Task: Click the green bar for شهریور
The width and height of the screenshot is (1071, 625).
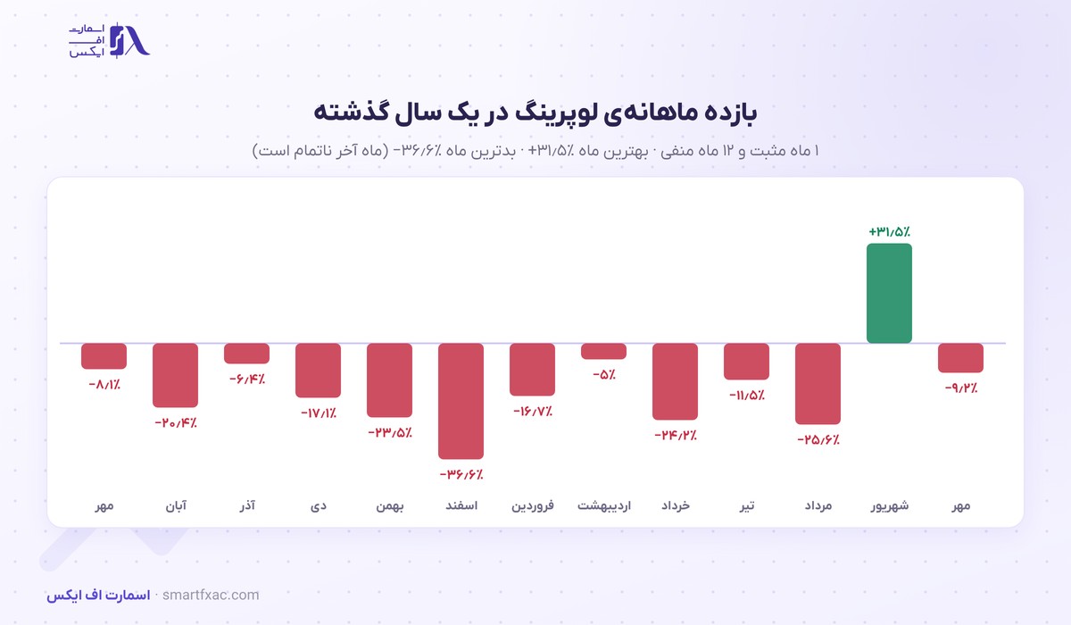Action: [889, 293]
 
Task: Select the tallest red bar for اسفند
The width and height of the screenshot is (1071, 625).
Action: [461, 401]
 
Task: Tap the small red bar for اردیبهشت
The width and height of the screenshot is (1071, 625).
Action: [603, 351]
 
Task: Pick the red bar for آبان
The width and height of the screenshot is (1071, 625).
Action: [175, 375]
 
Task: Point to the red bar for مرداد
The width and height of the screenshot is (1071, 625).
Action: [818, 384]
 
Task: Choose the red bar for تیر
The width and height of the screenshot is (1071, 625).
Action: [746, 362]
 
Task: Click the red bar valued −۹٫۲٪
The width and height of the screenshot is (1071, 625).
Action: [960, 358]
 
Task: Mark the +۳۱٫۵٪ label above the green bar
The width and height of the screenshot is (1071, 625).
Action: [889, 232]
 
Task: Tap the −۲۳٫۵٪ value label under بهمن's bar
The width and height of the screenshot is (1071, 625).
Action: [390, 433]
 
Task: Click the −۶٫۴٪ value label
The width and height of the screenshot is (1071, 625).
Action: [246, 379]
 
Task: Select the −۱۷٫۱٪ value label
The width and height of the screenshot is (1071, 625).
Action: [319, 412]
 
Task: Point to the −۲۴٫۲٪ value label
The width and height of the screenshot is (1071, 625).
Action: [675, 435]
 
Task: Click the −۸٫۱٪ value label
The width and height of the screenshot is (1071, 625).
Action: [104, 385]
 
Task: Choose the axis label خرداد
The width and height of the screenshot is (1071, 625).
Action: [675, 505]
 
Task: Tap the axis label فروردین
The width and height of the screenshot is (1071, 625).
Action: [533, 506]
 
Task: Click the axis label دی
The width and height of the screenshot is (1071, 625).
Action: [319, 506]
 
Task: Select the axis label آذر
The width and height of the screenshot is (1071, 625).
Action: [246, 505]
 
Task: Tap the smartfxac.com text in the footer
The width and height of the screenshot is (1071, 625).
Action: [211, 595]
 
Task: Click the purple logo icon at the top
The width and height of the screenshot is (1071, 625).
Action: [129, 40]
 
